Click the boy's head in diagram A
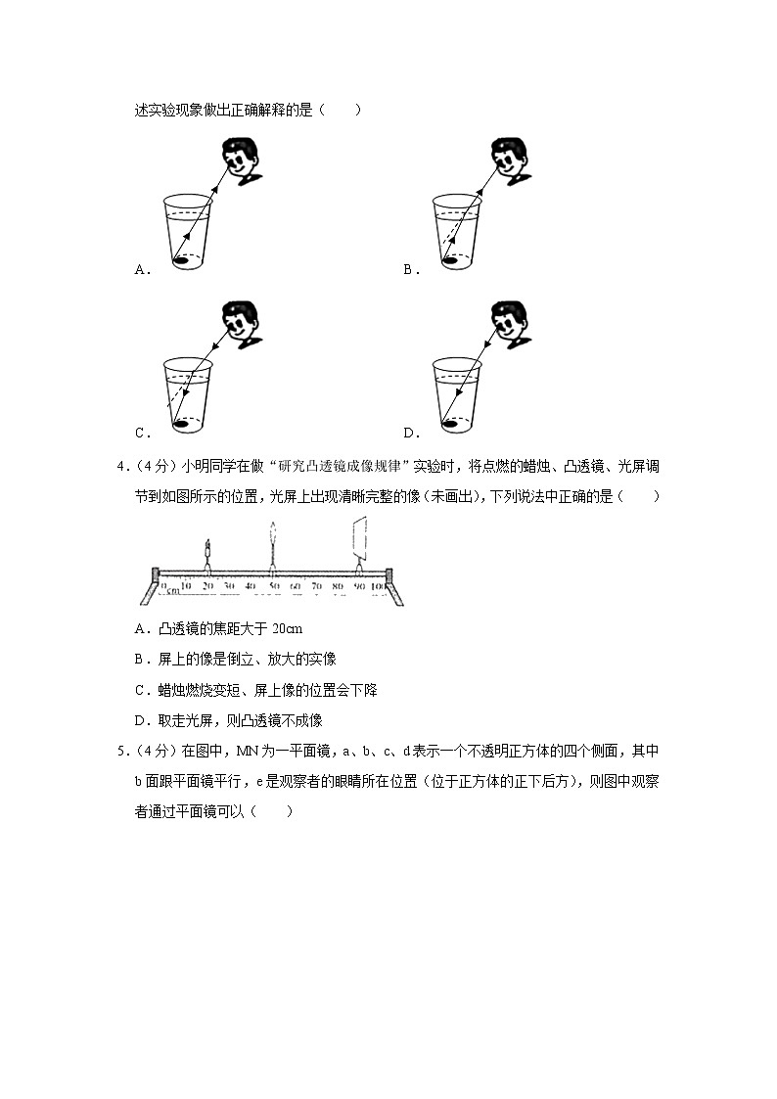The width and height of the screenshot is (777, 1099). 240,160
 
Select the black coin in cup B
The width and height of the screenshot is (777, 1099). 450,261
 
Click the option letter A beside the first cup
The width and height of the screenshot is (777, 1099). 141,270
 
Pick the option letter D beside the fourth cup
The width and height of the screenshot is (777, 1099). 409,434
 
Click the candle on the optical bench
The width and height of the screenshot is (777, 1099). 207,553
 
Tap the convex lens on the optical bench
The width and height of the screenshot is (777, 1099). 273,543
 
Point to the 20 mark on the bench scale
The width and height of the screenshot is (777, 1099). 207,586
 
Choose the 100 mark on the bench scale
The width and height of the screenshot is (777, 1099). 381,586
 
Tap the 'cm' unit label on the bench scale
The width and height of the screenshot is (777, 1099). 173,589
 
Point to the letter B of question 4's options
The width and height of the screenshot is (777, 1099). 140,660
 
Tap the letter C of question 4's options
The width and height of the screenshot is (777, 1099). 140,690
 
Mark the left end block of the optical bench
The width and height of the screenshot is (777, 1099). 155,574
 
